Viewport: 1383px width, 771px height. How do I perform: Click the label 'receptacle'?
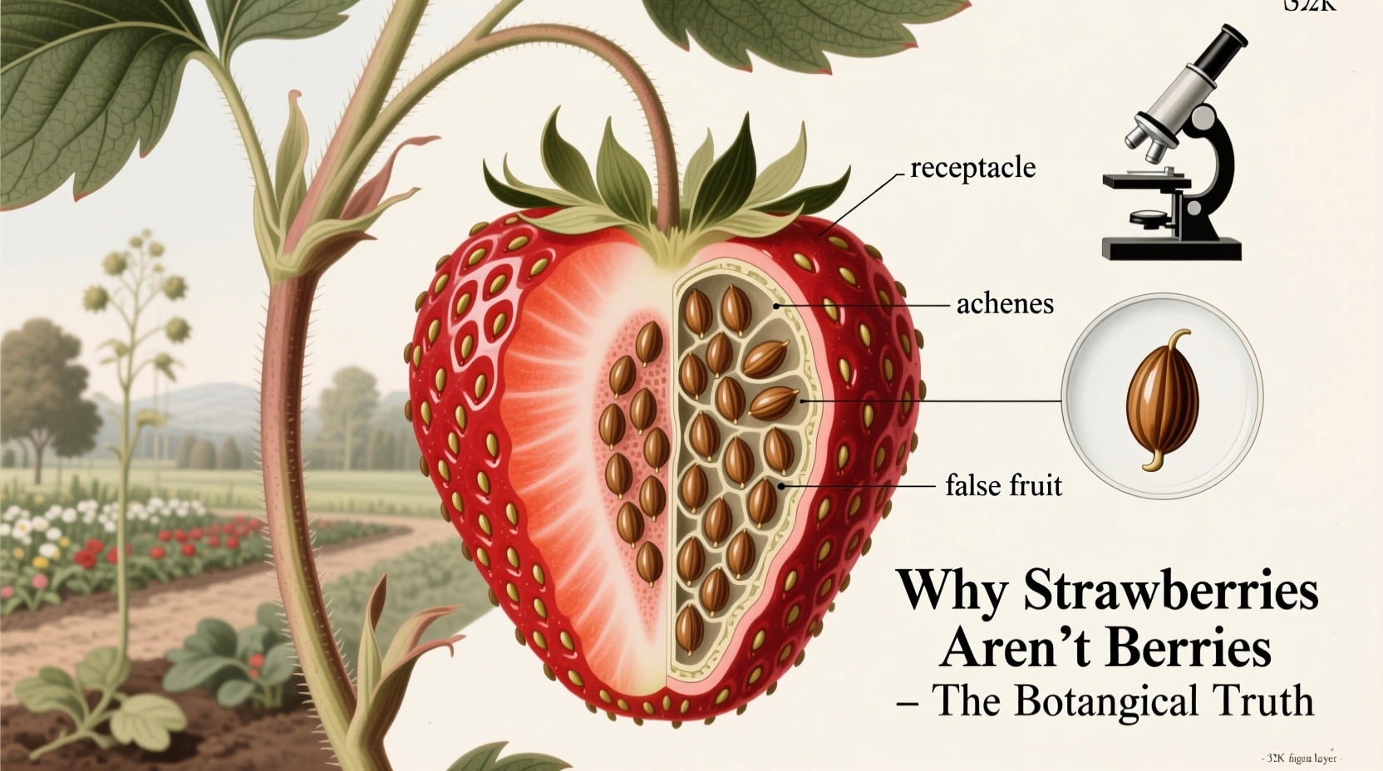pos(972,168)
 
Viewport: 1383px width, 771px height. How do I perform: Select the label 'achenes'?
pos(1005,304)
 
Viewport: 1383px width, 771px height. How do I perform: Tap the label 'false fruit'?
pos(1004,484)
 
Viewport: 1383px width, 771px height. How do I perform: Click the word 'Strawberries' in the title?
pos(1170,591)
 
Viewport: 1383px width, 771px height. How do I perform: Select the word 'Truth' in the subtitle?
pos(1268,700)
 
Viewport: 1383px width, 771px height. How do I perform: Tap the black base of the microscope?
pos(1172,248)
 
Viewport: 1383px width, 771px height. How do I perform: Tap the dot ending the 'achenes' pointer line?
pos(776,306)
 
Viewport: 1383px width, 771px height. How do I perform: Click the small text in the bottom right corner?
pos(1302,759)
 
